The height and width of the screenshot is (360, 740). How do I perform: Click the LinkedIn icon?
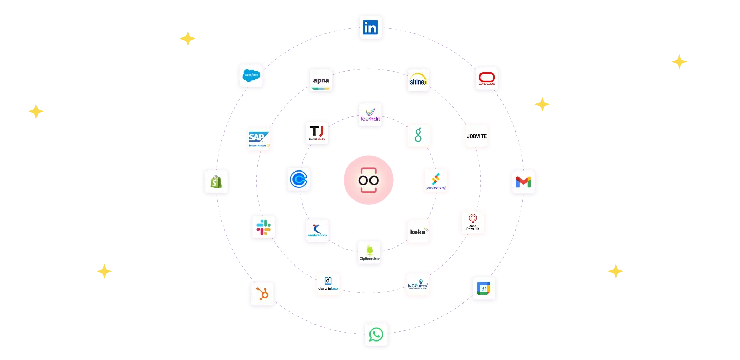tap(370, 28)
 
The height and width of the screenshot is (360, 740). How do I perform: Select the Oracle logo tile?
tap(487, 79)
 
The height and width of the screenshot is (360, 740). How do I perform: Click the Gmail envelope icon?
tap(524, 182)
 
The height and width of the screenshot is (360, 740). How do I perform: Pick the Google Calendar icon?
tap(484, 289)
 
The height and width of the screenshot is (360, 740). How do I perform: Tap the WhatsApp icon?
tap(376, 335)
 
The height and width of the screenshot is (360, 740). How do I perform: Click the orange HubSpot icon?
tap(262, 294)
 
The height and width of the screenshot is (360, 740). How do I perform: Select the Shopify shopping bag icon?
tap(215, 181)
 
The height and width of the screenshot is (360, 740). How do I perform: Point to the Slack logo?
tap(264, 228)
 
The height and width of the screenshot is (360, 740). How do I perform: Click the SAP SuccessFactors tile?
tap(258, 139)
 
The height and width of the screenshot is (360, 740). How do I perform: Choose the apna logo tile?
tap(321, 81)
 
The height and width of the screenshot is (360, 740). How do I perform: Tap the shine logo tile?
tap(418, 80)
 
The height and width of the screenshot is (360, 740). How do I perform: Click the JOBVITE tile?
tap(477, 136)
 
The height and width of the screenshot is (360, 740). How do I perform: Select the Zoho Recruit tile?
tap(472, 223)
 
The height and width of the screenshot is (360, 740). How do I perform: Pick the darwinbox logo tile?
tap(328, 284)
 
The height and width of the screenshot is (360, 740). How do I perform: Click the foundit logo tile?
tap(370, 115)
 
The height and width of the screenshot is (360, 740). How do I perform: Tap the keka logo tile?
tap(418, 231)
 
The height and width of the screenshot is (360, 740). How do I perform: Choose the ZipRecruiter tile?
tap(369, 253)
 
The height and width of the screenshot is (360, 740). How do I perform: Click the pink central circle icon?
tap(368, 181)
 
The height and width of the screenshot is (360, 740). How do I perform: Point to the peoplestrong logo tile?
tap(436, 181)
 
